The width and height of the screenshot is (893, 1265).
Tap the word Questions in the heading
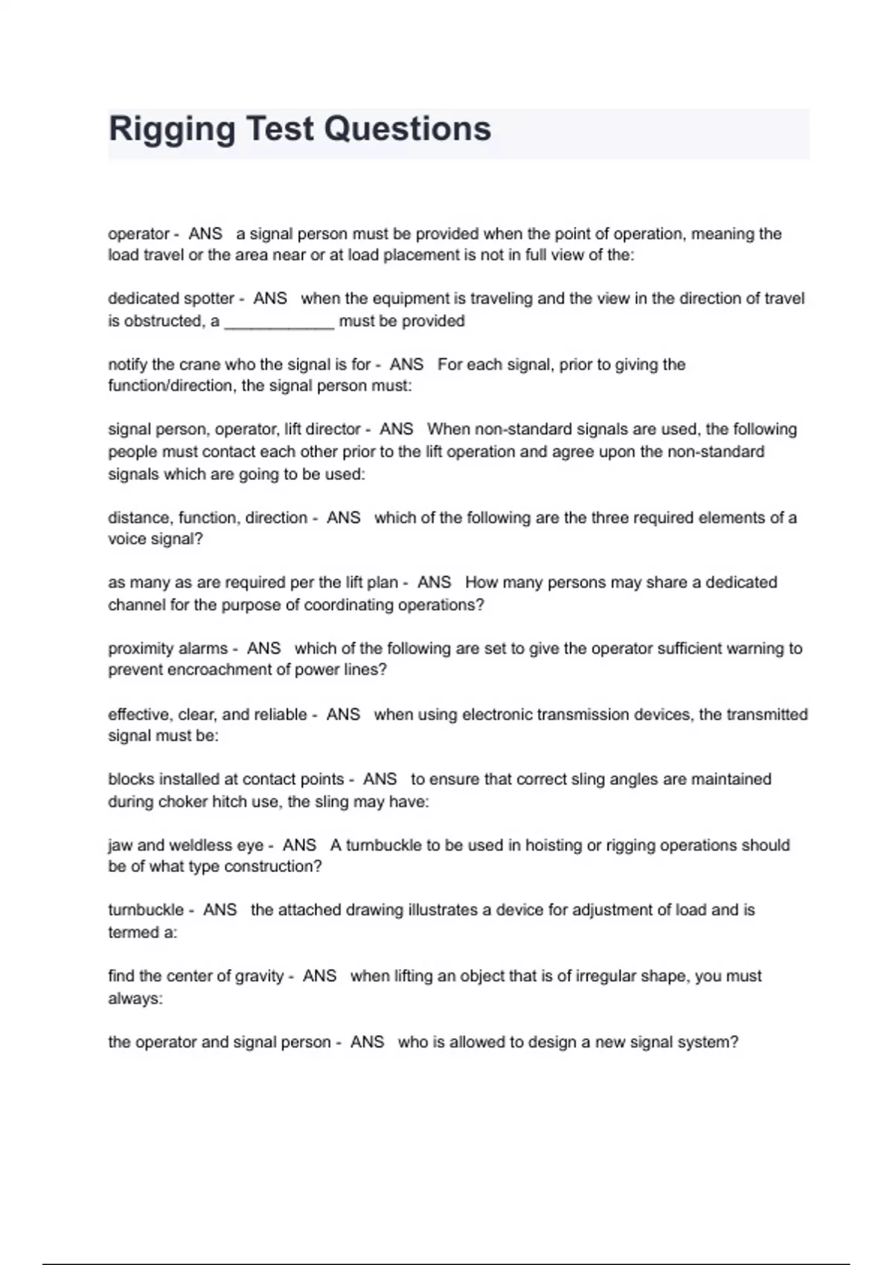click(407, 129)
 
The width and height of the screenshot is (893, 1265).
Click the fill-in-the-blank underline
click(279, 322)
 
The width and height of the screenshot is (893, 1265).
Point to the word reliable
click(280, 714)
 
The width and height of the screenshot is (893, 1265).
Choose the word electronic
click(497, 714)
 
